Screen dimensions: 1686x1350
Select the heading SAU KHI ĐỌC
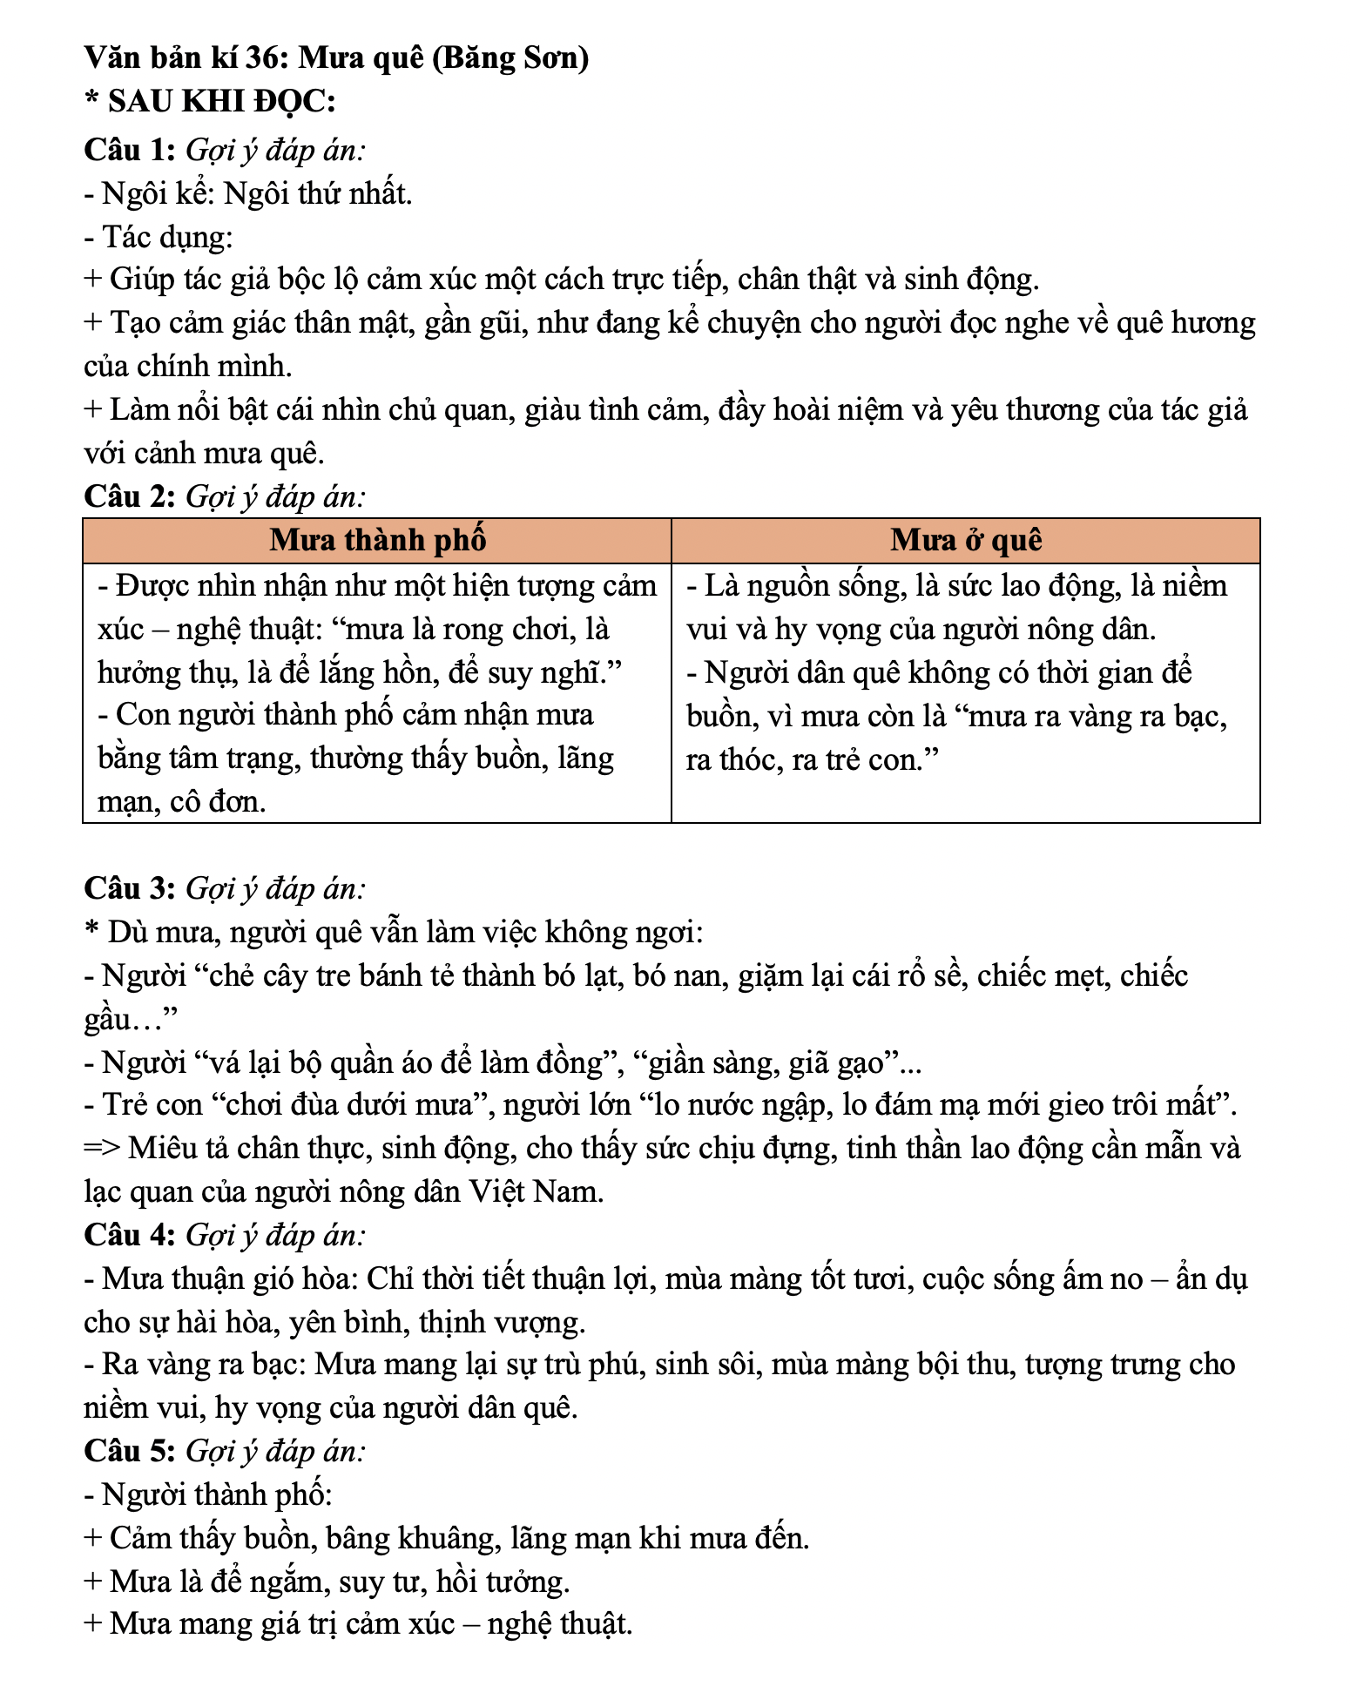tap(221, 102)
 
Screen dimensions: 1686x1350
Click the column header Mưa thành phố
tap(377, 541)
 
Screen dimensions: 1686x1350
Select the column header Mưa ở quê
tap(966, 541)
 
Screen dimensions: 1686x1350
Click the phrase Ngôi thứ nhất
tap(318, 193)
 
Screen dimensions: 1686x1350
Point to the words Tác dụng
tap(165, 237)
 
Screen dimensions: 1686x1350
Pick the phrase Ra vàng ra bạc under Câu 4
tap(204, 1365)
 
